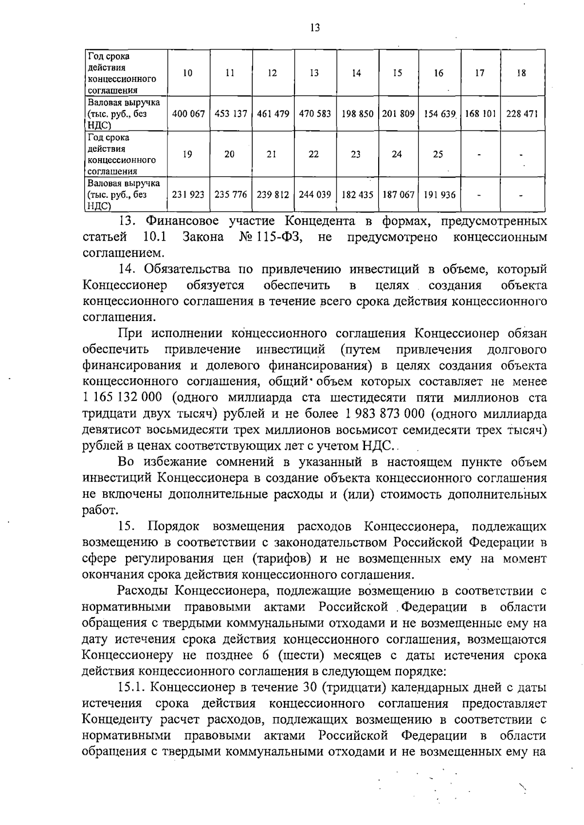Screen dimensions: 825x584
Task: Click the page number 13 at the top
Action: click(314, 28)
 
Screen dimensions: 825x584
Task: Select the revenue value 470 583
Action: click(314, 114)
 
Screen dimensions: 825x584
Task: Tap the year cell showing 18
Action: click(521, 73)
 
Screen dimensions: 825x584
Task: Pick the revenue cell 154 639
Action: click(438, 114)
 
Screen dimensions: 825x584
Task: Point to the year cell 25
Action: click(438, 154)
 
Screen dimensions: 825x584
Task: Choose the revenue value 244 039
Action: click(314, 195)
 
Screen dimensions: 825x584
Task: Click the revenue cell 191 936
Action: click(439, 195)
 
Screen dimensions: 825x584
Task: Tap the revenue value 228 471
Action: click(522, 114)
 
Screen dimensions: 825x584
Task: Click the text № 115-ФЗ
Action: click(270, 237)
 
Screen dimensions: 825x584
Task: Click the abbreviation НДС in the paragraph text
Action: click(379, 446)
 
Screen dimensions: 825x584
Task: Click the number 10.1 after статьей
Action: click(155, 237)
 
